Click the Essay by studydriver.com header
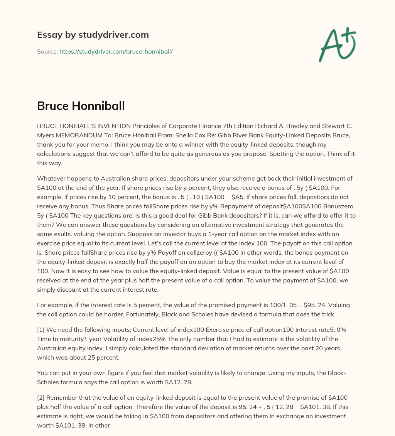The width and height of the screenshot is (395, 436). pyautogui.click(x=93, y=35)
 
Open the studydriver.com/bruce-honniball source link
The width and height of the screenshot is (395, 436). pyautogui.click(x=116, y=51)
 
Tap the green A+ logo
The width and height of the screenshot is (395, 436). pyautogui.click(x=337, y=44)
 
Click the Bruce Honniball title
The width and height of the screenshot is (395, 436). pyautogui.click(x=81, y=106)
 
